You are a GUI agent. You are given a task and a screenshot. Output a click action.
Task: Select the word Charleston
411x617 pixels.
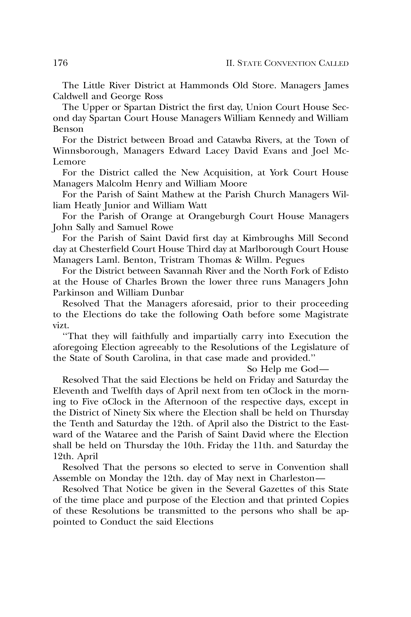(x=292, y=478)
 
